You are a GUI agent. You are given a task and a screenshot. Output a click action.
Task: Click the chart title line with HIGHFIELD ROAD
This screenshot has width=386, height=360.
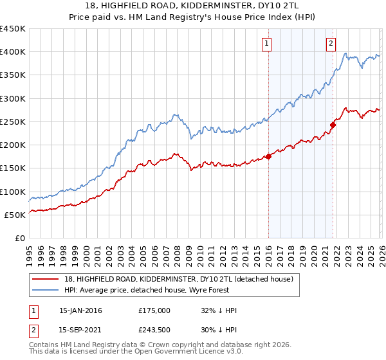click(x=193, y=5)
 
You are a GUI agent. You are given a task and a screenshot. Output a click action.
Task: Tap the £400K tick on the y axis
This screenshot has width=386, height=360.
click(x=13, y=52)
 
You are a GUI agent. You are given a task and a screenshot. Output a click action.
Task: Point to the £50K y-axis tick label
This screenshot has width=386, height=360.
click(x=15, y=215)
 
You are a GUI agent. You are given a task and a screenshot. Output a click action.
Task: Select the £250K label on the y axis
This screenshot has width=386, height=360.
click(x=13, y=122)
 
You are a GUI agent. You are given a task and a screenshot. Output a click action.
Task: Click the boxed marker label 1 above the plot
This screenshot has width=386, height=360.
click(x=266, y=44)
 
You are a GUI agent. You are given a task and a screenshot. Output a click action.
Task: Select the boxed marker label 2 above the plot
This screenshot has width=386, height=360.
click(x=331, y=44)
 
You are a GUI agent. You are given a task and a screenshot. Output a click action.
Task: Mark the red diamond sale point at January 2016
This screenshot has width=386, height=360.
click(x=268, y=157)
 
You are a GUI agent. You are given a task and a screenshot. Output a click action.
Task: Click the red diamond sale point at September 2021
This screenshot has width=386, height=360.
click(x=333, y=125)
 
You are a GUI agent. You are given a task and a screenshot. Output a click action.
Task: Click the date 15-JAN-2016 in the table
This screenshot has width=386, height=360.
click(x=80, y=310)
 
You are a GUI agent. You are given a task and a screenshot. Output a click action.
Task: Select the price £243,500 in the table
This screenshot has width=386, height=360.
click(x=154, y=331)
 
